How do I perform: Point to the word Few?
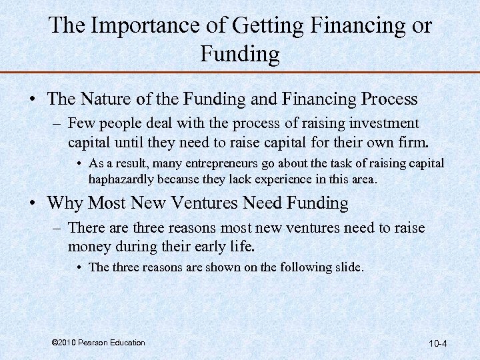pyautogui.click(x=81, y=123)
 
